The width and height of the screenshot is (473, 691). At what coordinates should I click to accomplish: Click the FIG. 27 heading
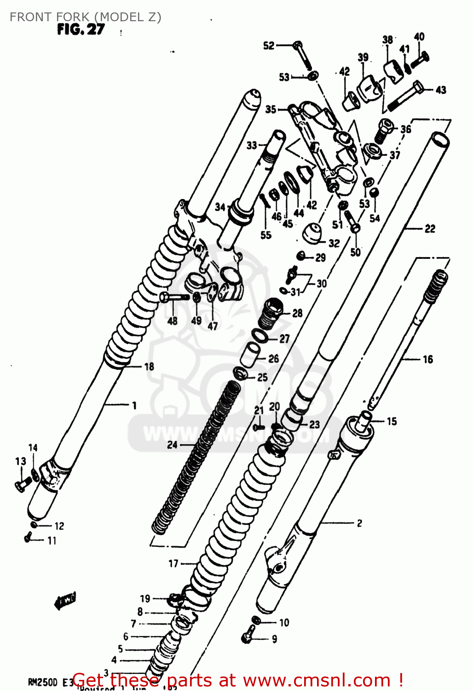point(81,29)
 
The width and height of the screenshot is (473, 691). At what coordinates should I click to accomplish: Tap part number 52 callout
point(268,45)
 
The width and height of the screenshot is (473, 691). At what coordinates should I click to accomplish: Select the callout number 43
point(441,90)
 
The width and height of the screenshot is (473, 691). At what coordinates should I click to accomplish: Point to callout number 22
point(430,228)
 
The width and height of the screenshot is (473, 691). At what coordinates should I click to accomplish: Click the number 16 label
point(428,359)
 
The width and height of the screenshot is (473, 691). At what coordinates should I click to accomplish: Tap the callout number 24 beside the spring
point(172,445)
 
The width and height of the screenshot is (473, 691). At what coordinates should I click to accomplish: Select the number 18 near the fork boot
point(149,367)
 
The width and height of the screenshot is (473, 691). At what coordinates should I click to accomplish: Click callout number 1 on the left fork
point(134,405)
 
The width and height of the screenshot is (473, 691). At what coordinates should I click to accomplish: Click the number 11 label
point(52,541)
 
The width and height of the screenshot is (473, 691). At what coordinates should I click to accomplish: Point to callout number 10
point(284,623)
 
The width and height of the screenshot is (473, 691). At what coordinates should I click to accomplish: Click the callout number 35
point(271,109)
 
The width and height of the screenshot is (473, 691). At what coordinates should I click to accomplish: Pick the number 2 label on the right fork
point(359,523)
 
